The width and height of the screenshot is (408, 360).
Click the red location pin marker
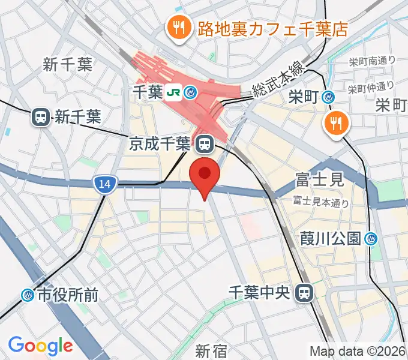(205, 175)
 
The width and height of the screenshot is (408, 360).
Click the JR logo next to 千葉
(174, 92)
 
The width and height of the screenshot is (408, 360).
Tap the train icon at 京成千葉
(203, 143)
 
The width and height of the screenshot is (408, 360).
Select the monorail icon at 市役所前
(28, 295)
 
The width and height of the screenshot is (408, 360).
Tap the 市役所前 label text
(68, 295)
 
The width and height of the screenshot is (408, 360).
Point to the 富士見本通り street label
(321, 202)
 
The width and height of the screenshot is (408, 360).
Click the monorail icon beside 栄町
(328, 96)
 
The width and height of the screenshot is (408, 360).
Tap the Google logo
(40, 346)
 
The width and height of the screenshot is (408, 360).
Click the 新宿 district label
(211, 349)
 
